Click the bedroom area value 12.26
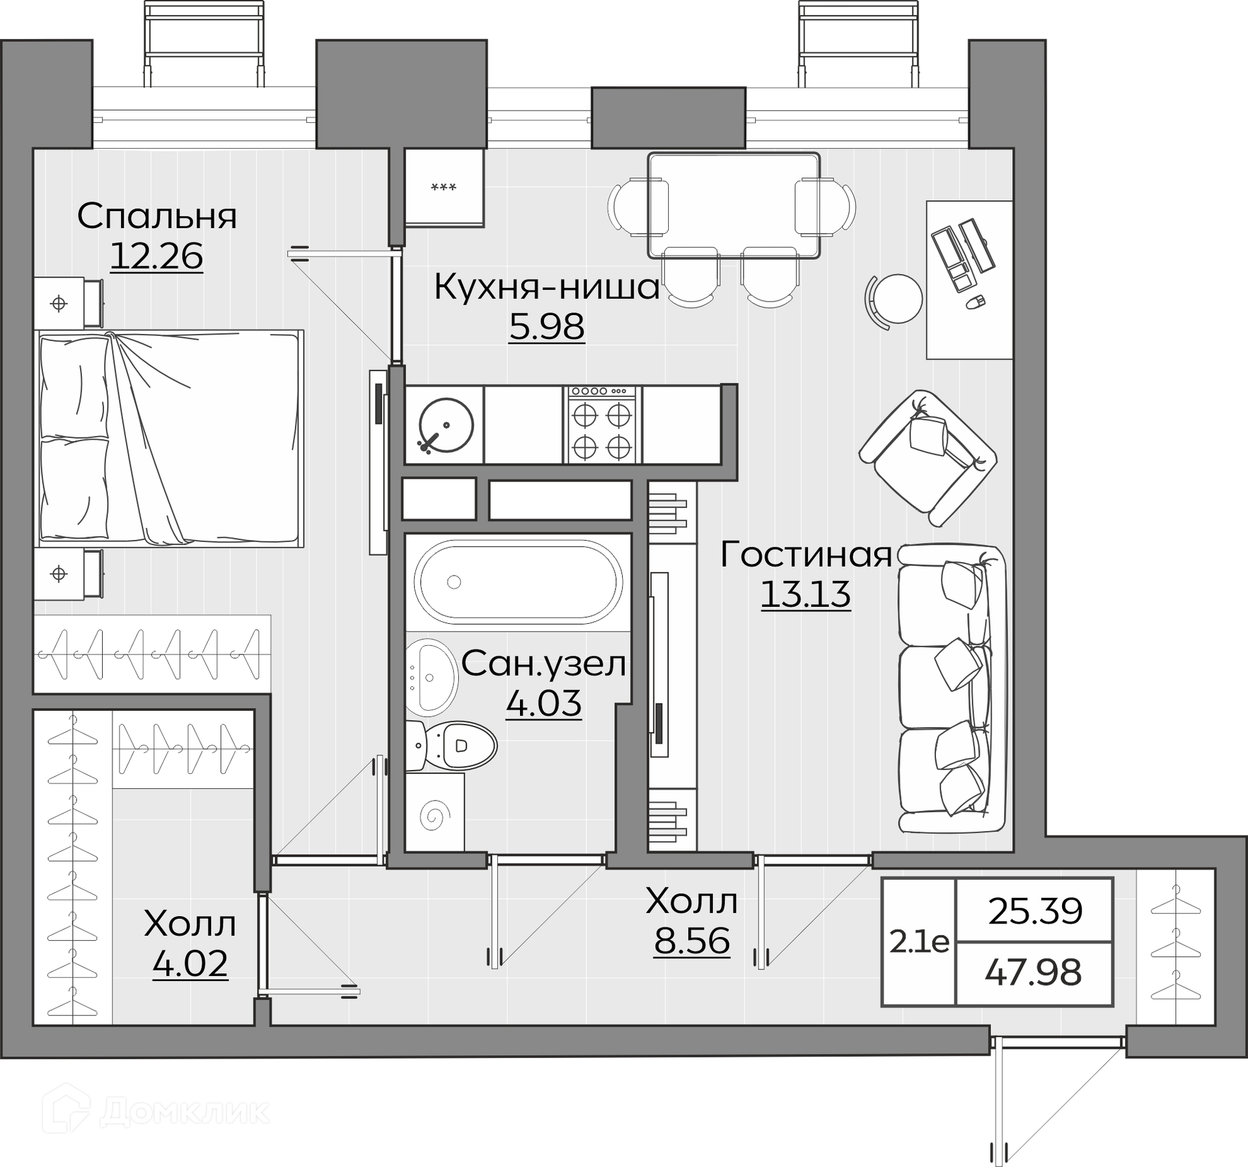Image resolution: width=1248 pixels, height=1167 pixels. (157, 256)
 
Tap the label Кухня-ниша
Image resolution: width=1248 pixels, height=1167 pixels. (547, 287)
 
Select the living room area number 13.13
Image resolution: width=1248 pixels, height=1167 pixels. (805, 594)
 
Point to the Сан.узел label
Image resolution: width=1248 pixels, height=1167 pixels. (544, 664)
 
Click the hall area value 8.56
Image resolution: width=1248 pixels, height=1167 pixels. (692, 940)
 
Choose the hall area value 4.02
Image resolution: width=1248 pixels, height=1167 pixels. (190, 963)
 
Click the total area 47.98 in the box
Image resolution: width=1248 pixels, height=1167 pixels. (1033, 973)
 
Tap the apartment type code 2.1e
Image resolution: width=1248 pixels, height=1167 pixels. (919, 942)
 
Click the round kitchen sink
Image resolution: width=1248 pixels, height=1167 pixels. (446, 425)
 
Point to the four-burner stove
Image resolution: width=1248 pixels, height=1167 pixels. (602, 425)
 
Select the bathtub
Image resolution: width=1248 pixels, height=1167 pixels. (518, 582)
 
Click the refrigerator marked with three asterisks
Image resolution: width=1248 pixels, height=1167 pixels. (445, 187)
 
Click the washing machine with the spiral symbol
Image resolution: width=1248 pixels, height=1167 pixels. (435, 812)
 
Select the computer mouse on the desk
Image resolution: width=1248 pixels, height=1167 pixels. (976, 301)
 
